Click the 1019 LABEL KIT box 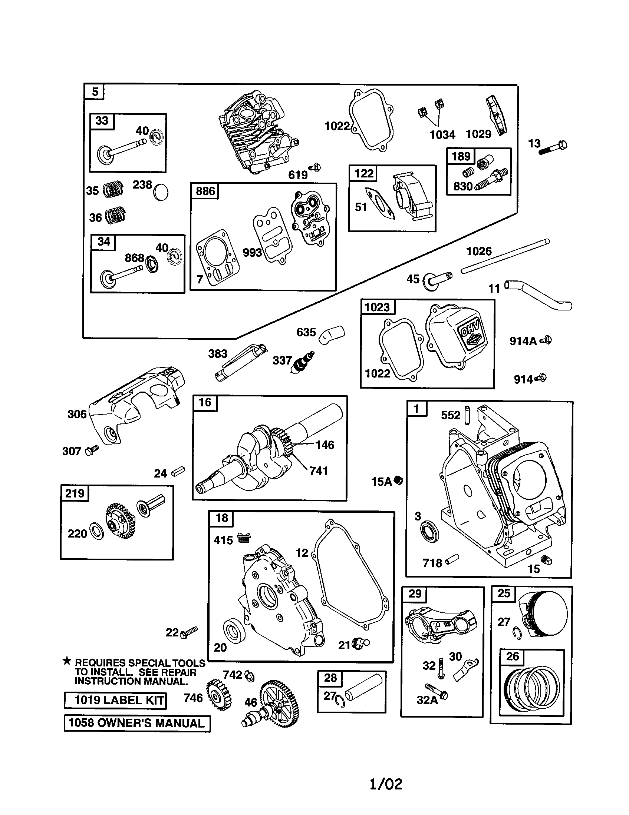[x=115, y=700]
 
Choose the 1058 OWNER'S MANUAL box [x=137, y=723]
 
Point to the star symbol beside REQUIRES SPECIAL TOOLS [x=67, y=661]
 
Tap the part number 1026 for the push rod [x=479, y=251]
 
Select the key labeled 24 [x=178, y=472]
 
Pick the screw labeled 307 [x=91, y=450]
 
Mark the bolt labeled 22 [x=188, y=632]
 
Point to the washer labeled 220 [x=98, y=533]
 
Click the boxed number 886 [x=205, y=191]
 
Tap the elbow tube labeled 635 [x=332, y=334]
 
